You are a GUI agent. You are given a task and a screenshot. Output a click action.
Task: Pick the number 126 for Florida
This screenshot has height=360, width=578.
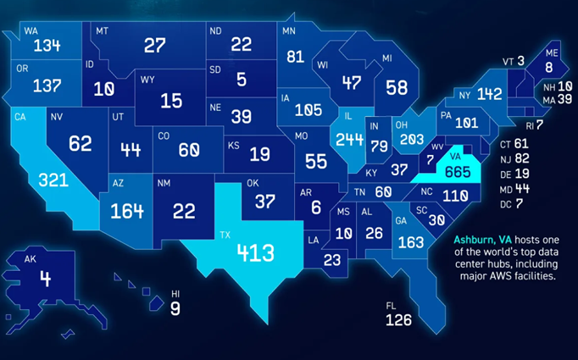[x=397, y=320]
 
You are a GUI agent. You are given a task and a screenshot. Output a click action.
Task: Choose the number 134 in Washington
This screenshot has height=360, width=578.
[x=42, y=45]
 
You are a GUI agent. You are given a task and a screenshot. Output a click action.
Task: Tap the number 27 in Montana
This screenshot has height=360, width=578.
[x=154, y=45]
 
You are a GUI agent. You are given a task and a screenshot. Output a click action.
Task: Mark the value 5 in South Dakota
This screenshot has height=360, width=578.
[x=242, y=80]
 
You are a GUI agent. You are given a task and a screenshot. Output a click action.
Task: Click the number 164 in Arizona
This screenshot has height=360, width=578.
[x=127, y=209]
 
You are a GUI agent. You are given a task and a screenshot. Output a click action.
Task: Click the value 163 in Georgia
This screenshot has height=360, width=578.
[x=410, y=241]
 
